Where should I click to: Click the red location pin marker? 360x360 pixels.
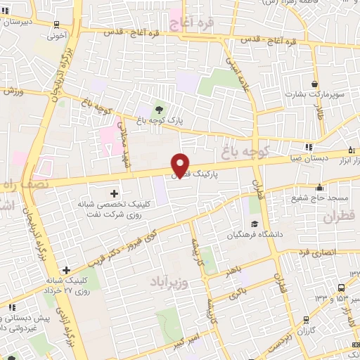point(181,165)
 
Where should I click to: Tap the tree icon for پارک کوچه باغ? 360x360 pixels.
point(157,109)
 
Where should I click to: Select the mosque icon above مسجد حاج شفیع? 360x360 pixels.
point(319,187)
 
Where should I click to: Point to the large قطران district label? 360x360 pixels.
point(340,218)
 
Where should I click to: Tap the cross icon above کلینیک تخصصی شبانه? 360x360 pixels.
point(115,193)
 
